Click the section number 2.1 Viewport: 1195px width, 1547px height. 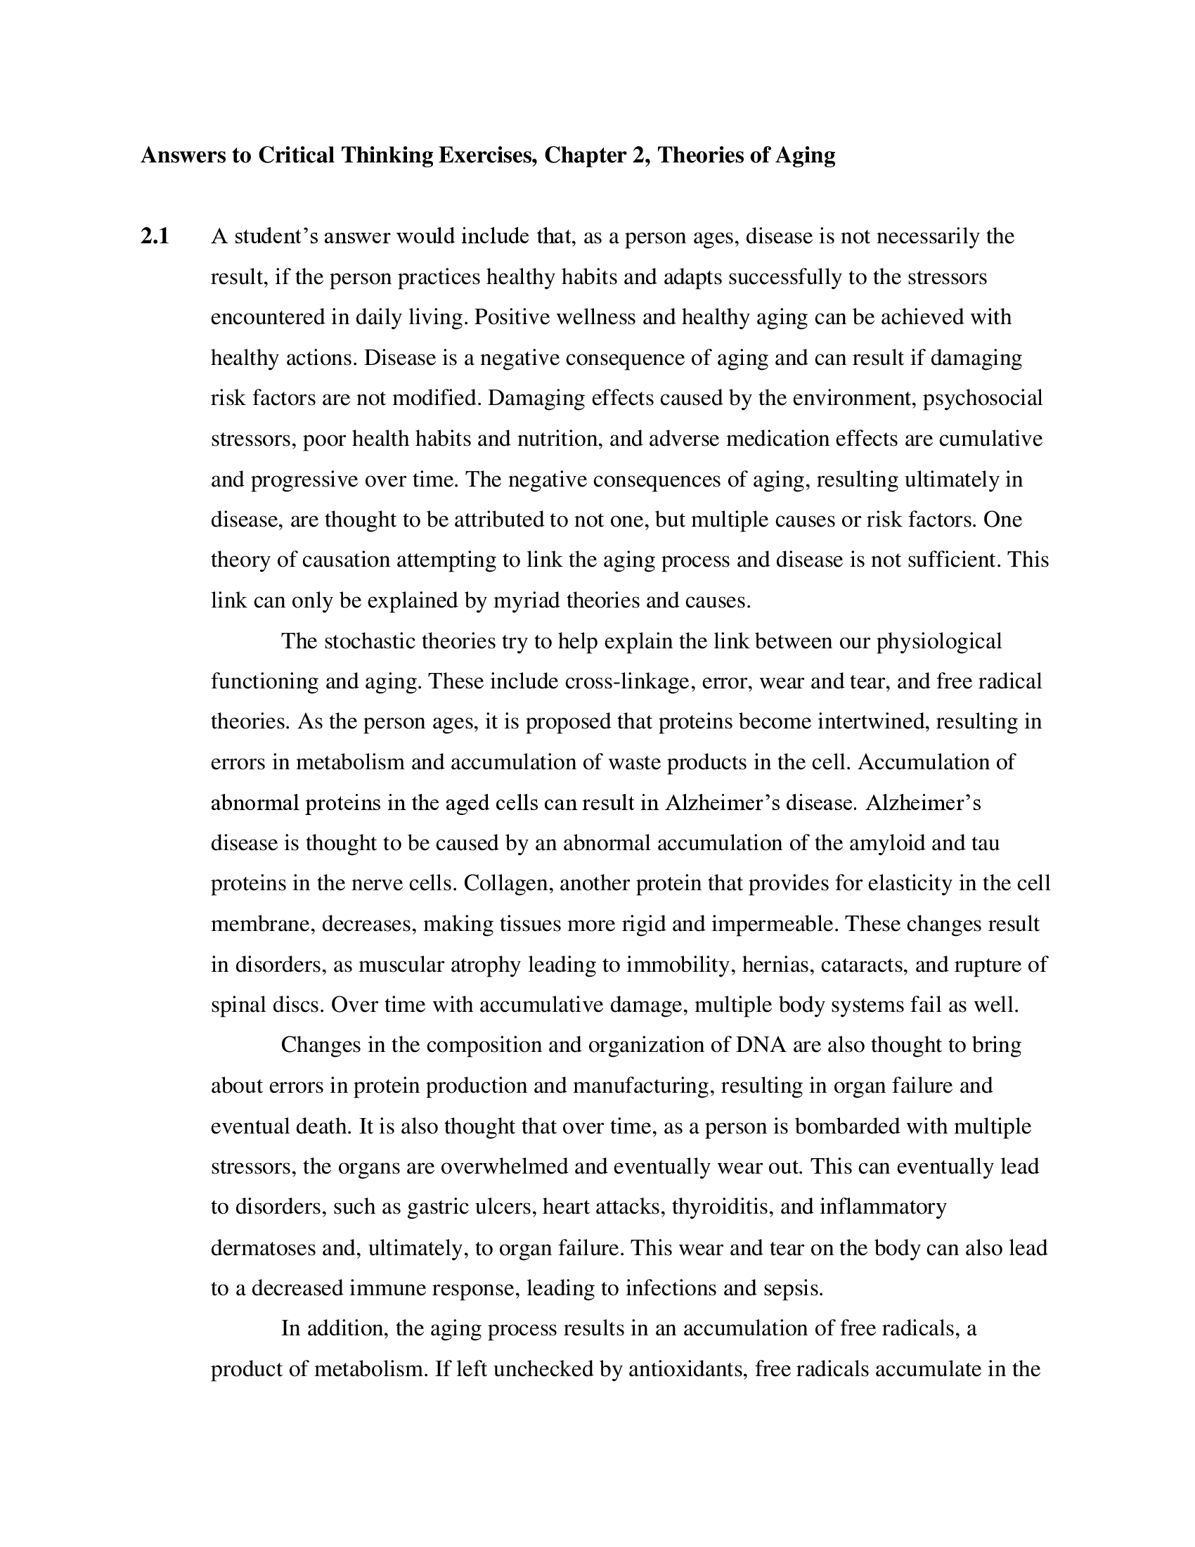(155, 236)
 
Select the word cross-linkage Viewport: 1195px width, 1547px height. (626, 682)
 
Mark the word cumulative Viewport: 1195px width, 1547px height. (990, 439)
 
